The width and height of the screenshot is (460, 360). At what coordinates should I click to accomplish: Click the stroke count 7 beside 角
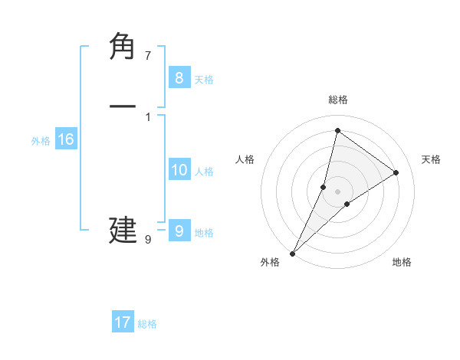[148, 56]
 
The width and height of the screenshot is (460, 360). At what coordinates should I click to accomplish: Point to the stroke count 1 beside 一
[148, 116]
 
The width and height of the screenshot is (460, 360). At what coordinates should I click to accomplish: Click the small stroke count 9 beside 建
[148, 240]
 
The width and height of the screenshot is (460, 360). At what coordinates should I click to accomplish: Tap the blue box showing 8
[179, 77]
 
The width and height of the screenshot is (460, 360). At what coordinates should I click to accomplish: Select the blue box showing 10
[179, 171]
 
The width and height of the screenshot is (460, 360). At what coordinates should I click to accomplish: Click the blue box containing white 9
[179, 231]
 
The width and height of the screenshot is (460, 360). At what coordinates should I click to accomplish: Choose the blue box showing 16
[66, 139]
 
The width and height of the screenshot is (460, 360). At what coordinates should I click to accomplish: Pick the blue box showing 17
[123, 322]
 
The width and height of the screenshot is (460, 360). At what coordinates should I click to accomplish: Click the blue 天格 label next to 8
[204, 80]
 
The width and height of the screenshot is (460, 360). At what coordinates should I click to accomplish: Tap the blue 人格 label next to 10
[204, 172]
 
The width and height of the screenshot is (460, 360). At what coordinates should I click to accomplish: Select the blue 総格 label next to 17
[147, 324]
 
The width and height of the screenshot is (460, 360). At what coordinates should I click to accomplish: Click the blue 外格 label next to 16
[41, 141]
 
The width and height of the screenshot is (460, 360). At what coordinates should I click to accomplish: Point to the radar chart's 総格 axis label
[338, 100]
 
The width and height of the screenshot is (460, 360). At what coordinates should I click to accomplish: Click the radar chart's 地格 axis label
[402, 263]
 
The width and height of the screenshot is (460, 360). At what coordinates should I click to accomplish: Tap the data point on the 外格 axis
[293, 253]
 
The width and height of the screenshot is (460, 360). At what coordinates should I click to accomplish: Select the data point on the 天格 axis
[396, 172]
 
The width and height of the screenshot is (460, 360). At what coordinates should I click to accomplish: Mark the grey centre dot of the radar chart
[338, 191]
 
